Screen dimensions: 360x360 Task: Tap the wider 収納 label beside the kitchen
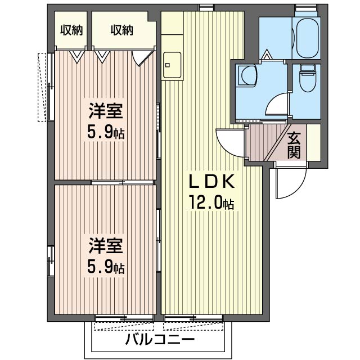pos(121,30)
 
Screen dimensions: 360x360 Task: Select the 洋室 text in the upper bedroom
pos(105,110)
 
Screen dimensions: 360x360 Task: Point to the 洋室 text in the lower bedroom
pos(105,246)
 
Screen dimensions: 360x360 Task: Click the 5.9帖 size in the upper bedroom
pos(105,133)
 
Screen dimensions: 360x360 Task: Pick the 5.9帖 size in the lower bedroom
pos(105,266)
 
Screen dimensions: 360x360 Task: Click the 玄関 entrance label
pos(294,145)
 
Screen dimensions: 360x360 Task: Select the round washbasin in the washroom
pos(246,75)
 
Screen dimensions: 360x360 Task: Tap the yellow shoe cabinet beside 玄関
pos(313,143)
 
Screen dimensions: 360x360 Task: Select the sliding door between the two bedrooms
pos(123,182)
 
